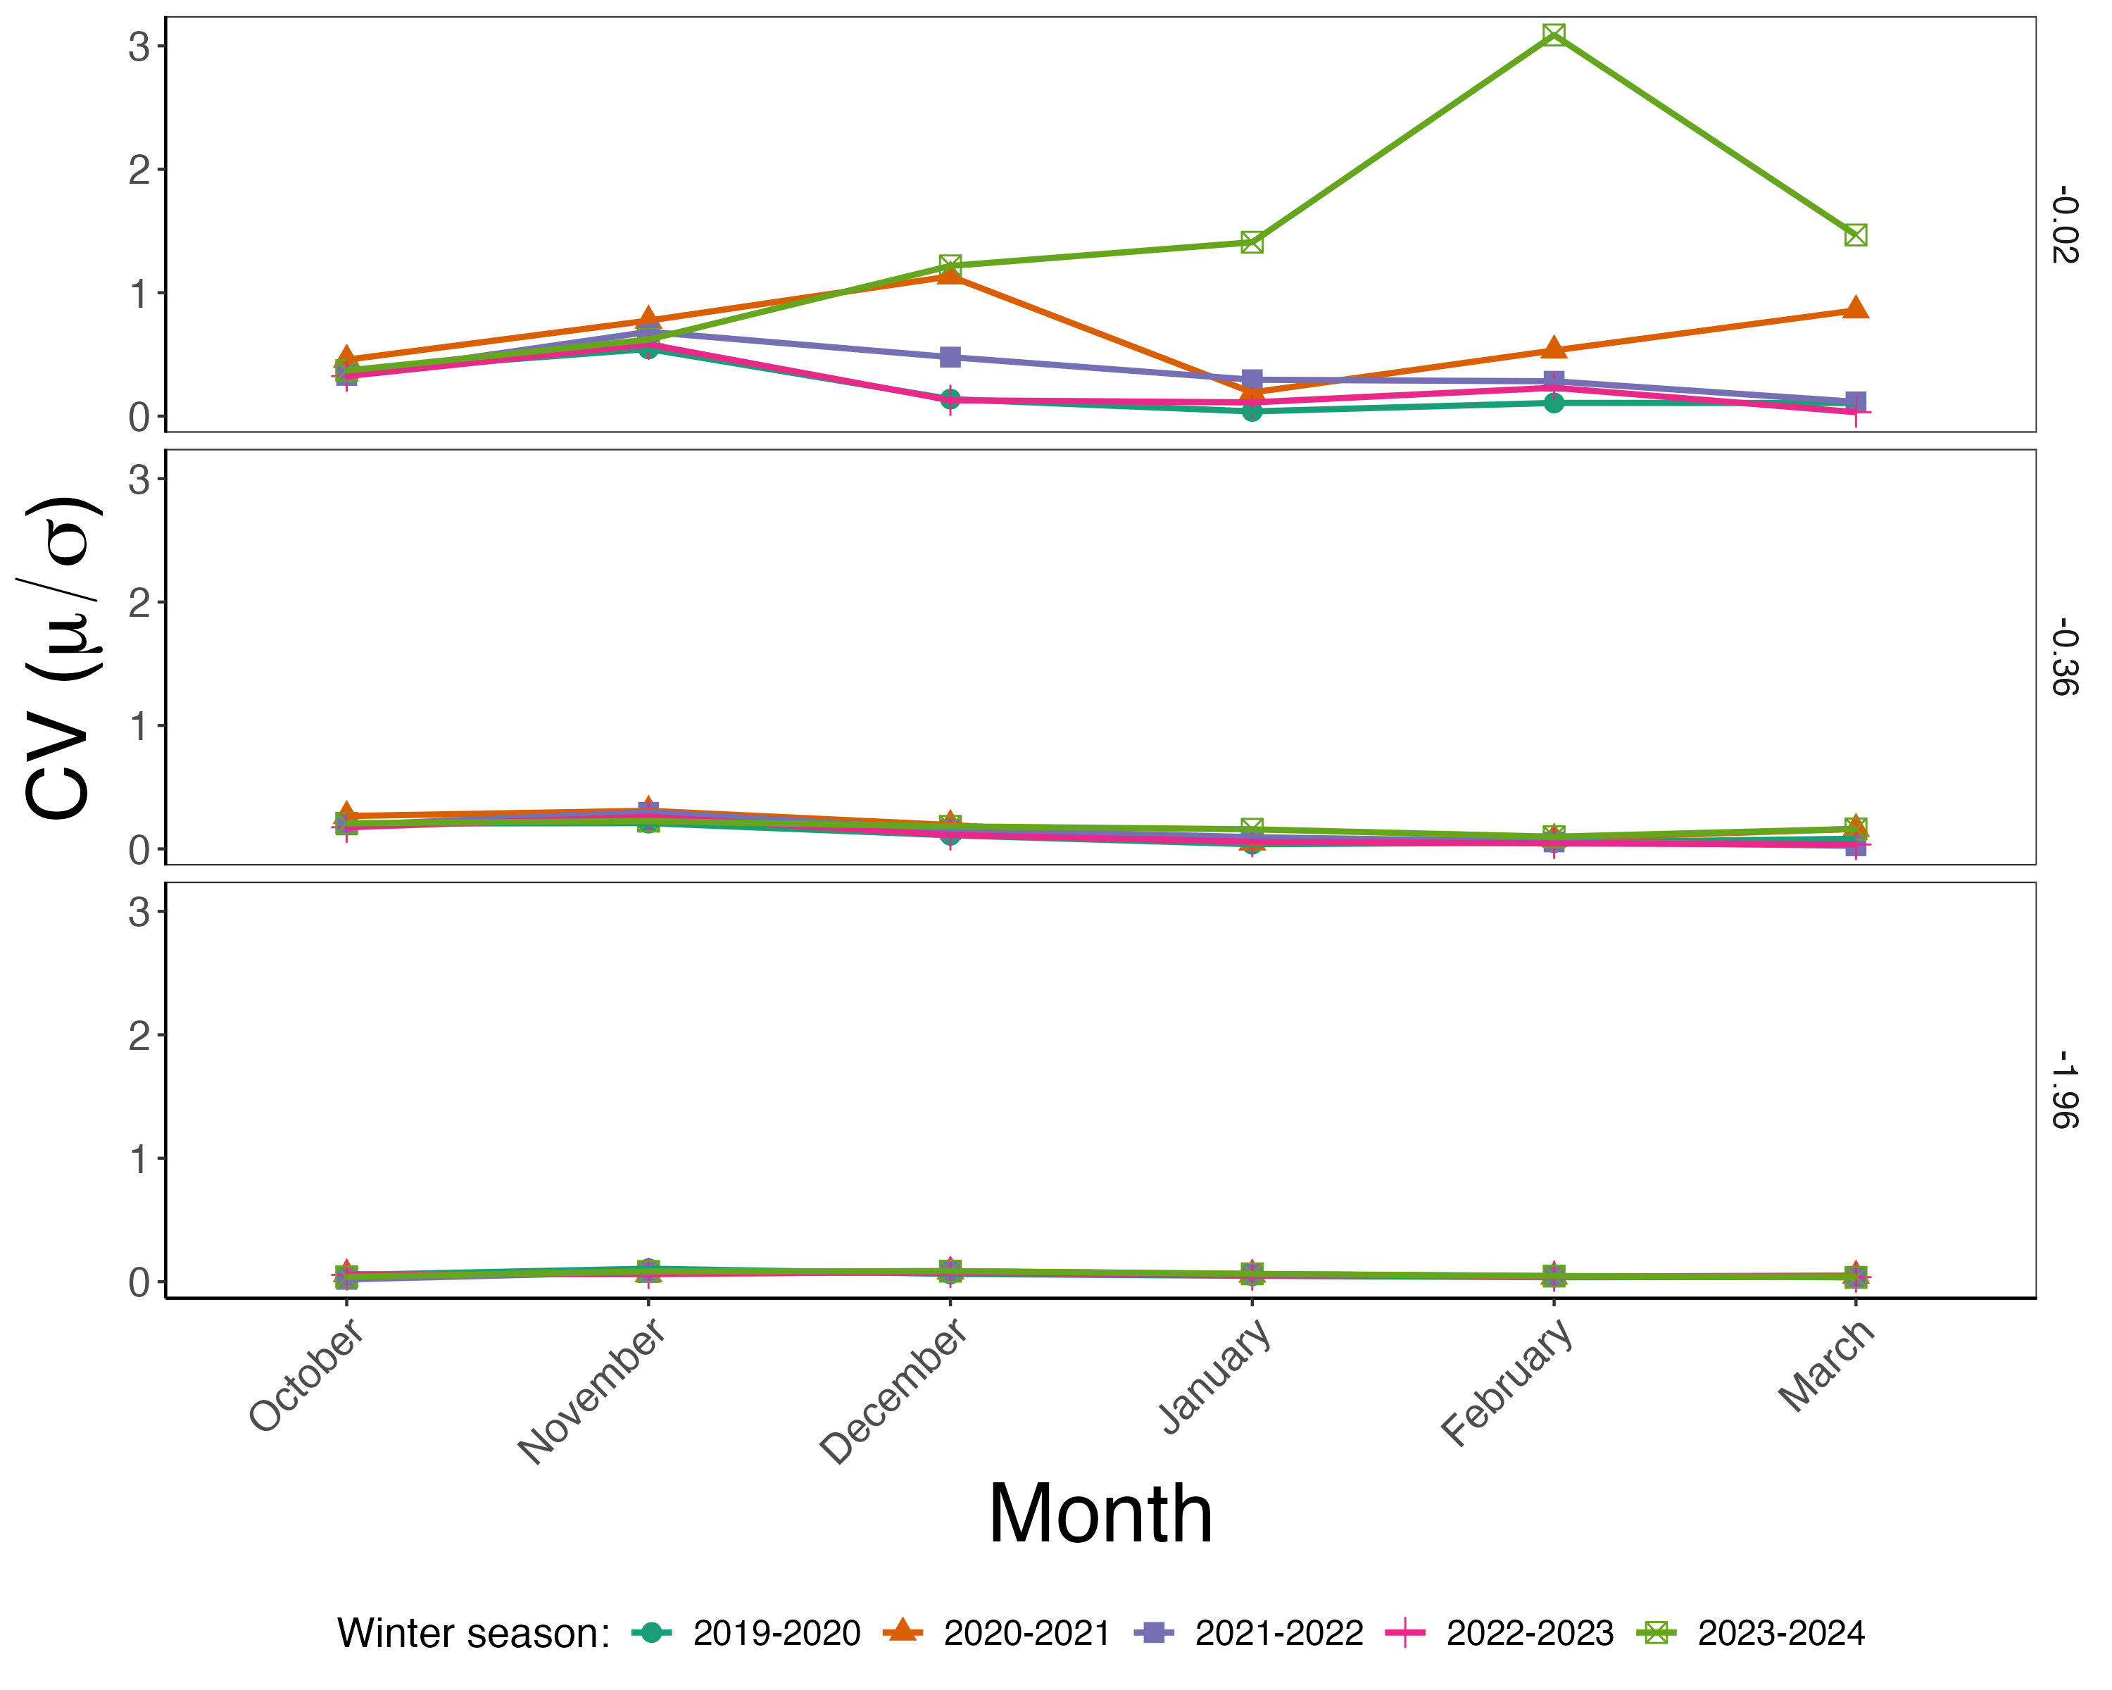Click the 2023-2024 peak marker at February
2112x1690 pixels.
tap(1554, 35)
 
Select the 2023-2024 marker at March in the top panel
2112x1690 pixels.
tap(1854, 235)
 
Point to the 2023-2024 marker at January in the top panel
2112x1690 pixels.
tap(1252, 242)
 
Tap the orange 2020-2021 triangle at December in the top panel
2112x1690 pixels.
tap(949, 275)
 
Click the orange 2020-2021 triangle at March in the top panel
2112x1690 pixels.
tap(1854, 308)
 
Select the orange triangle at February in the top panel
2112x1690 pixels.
tap(1554, 348)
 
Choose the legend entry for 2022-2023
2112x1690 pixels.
tap(1529, 1633)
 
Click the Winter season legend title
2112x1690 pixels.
tap(473, 1633)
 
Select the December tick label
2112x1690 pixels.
tap(893, 1391)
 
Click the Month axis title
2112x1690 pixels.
tap(1100, 1515)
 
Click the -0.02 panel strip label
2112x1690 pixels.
tap(2063, 225)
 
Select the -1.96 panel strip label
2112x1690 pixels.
tap(2063, 1089)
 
